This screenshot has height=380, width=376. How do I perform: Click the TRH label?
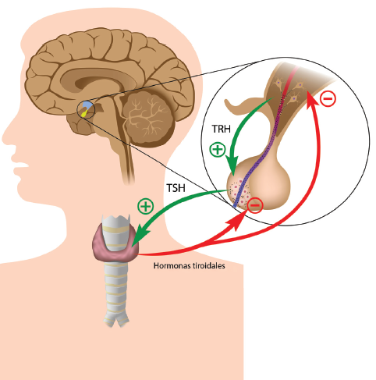[221, 129]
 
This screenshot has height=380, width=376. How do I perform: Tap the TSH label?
[176, 188]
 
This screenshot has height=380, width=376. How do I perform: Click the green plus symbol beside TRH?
[218, 150]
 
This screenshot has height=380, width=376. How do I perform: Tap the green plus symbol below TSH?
[146, 206]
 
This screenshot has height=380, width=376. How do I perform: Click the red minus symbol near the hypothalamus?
[328, 98]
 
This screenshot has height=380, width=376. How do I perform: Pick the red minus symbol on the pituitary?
[255, 205]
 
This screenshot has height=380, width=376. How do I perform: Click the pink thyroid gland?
[115, 243]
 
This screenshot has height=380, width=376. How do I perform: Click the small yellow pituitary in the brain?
[84, 113]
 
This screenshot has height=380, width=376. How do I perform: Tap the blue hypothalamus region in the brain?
[87, 105]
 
